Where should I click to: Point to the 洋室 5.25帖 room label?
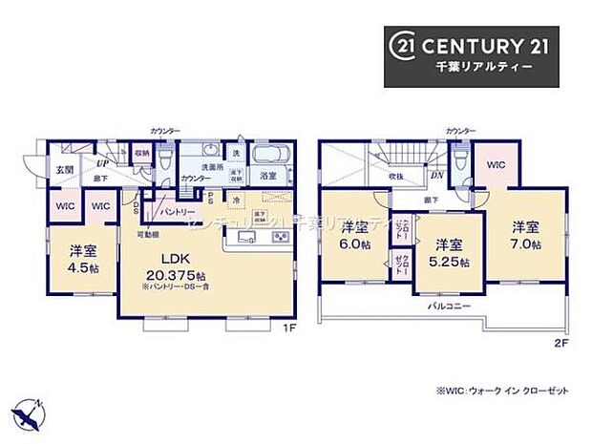(446, 251)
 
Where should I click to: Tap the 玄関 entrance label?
(63, 169)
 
